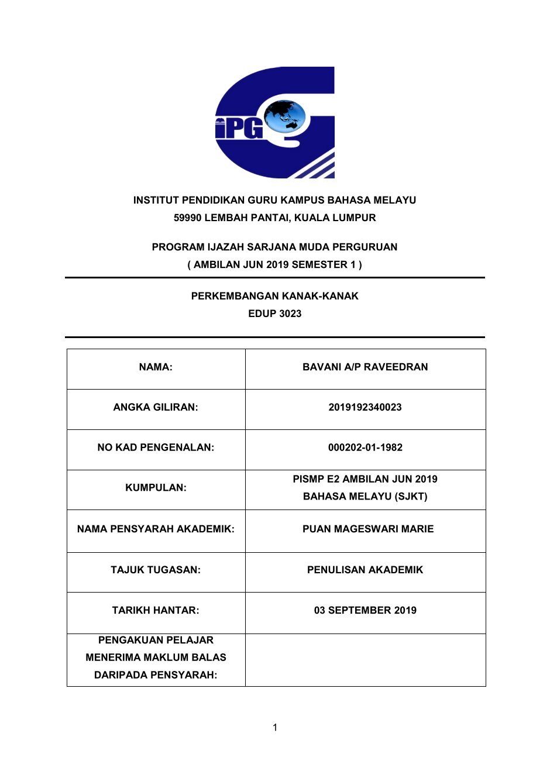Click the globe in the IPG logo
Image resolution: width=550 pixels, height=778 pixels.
285,116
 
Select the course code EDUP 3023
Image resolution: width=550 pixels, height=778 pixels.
274,314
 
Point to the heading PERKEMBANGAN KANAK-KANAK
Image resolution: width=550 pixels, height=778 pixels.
274,296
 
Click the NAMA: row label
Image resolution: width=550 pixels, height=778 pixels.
156,367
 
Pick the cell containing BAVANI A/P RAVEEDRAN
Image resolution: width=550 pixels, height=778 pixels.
365,367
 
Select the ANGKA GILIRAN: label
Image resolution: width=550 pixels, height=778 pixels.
156,407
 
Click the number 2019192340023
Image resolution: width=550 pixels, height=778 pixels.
365,407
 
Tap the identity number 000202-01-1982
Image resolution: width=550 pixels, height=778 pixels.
365,447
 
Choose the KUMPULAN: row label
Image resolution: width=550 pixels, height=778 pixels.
156,488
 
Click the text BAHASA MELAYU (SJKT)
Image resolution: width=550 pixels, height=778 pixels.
365,497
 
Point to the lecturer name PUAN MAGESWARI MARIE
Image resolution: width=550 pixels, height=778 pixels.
368,529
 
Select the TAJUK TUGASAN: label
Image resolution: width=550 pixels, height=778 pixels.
156,570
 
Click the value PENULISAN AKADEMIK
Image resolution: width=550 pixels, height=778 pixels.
365,570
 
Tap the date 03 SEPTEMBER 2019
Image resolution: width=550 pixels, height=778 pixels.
365,610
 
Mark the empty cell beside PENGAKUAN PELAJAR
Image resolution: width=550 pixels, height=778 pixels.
365,660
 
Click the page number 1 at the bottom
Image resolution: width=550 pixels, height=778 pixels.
275,728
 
